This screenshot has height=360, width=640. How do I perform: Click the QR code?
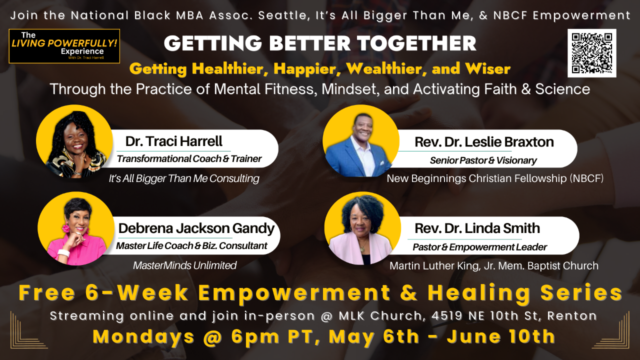point(592,53)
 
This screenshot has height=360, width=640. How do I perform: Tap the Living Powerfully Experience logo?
point(64,46)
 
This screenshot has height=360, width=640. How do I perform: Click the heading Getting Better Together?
point(320,43)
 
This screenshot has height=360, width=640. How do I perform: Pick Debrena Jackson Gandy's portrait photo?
point(75,230)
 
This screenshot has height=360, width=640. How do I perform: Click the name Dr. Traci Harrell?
point(173,141)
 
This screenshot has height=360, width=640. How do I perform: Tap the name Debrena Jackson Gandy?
point(196,228)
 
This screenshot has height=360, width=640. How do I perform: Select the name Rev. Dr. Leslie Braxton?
point(483,142)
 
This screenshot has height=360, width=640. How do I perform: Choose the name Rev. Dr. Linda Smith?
point(477,228)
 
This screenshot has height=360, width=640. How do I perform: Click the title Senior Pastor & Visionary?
point(483,160)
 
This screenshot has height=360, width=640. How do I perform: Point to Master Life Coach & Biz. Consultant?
point(191,246)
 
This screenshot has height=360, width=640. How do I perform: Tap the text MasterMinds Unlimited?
point(184,265)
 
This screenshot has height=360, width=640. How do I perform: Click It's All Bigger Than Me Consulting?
point(184,178)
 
